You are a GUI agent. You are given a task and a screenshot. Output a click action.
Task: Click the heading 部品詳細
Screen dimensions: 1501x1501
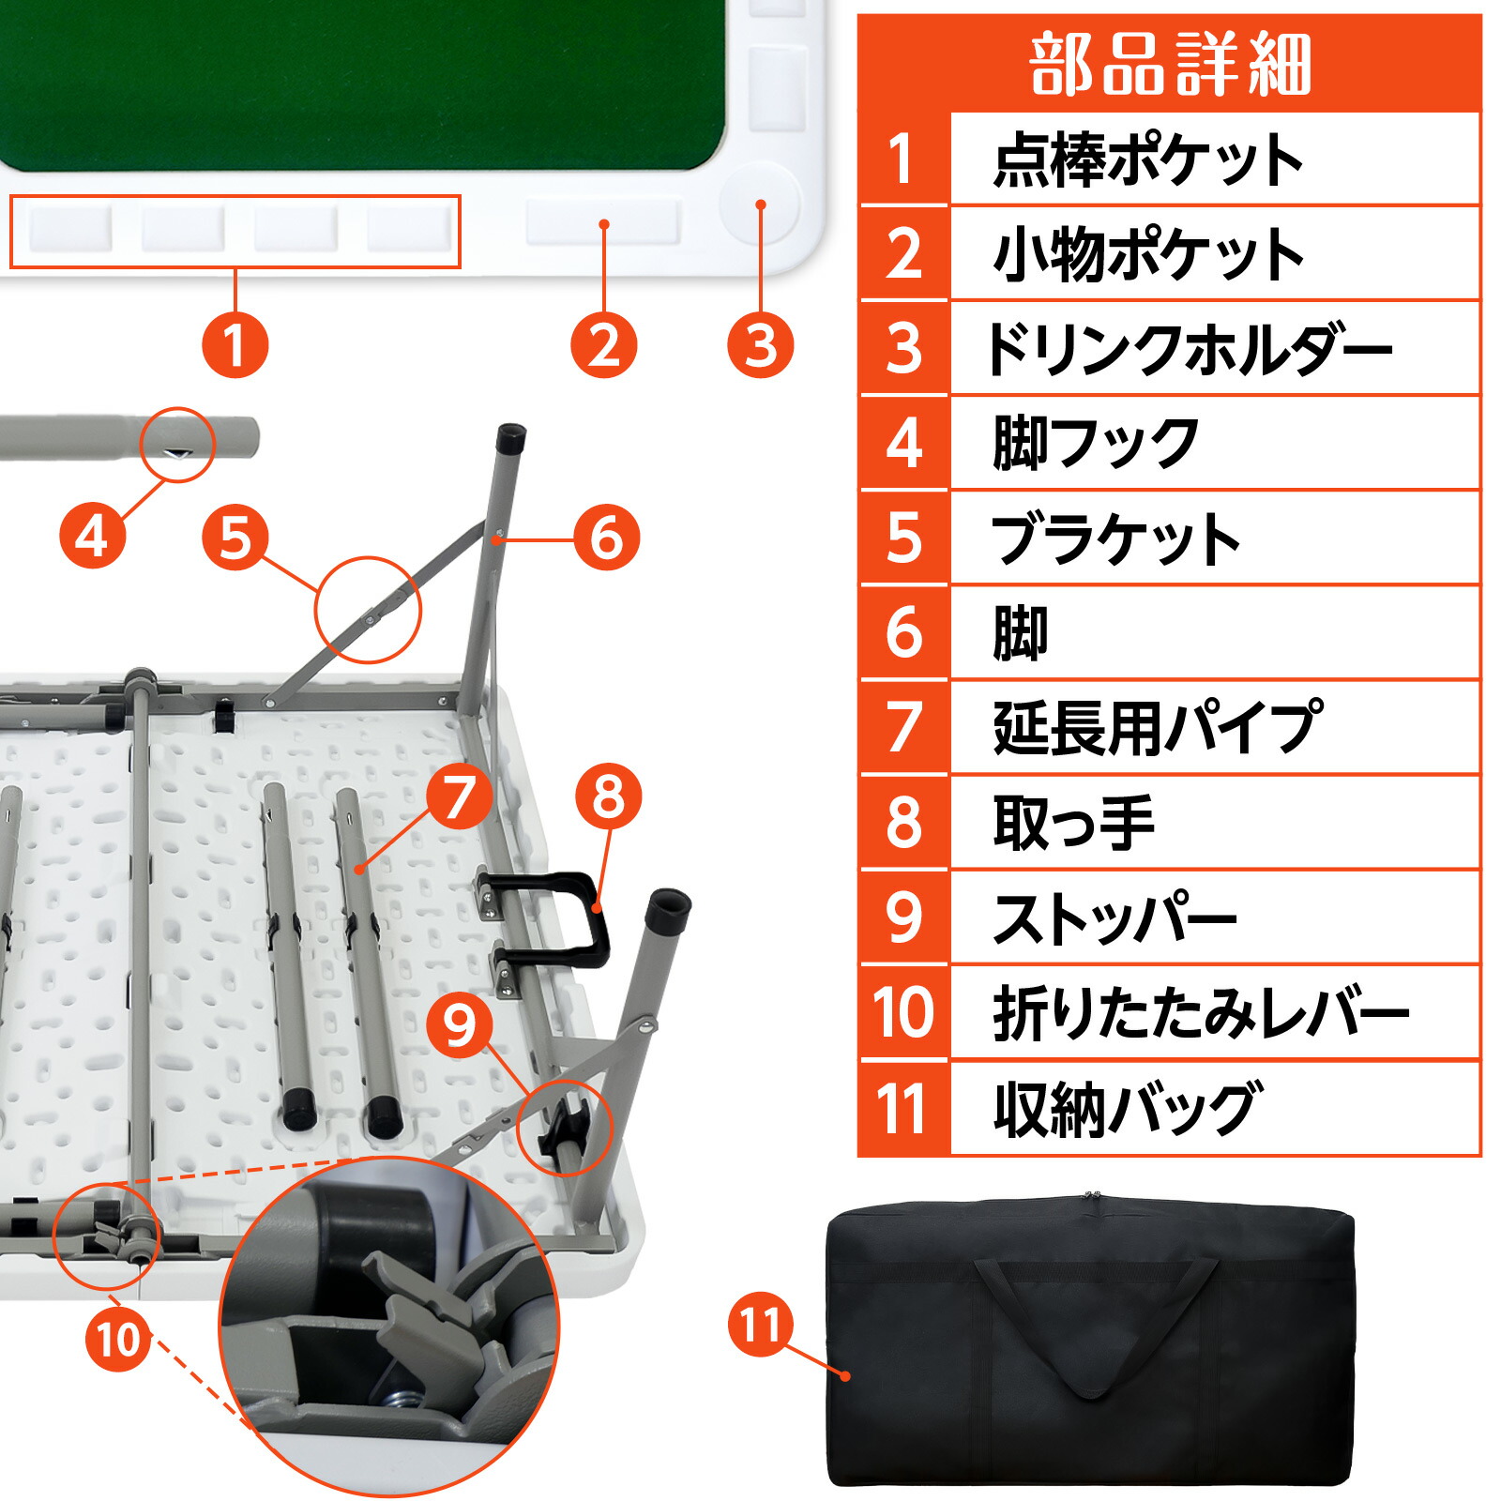pos(1169,64)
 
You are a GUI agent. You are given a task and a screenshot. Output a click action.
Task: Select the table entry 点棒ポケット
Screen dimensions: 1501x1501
pos(1148,160)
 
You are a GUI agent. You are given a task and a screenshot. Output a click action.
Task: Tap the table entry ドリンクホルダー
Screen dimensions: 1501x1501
pos(1188,349)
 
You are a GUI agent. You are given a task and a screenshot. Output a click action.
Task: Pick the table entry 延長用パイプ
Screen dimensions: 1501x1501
pos(1158,728)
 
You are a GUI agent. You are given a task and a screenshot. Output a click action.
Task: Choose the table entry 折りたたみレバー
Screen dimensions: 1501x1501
pos(1201,1013)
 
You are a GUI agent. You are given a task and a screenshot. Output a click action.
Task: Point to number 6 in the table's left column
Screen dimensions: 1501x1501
pos(903,633)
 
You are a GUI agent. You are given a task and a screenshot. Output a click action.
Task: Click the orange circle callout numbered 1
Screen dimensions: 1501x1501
pos(235,344)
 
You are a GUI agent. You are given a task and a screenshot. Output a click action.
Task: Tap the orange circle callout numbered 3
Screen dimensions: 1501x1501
pos(760,344)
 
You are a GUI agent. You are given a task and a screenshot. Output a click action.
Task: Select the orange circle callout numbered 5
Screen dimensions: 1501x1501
pos(235,538)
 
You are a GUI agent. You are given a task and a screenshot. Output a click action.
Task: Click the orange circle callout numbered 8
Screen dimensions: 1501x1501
pos(608,796)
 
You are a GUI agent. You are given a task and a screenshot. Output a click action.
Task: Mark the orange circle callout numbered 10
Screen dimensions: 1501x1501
pos(117,1340)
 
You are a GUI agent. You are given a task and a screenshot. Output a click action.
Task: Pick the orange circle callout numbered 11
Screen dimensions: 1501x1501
pos(760,1325)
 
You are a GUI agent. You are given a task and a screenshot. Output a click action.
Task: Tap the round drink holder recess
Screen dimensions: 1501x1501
pos(760,204)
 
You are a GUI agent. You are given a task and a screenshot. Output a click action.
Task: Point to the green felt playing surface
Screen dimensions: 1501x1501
pos(356,75)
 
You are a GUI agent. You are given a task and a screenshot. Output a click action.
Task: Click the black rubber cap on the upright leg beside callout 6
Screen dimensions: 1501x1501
pos(511,437)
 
